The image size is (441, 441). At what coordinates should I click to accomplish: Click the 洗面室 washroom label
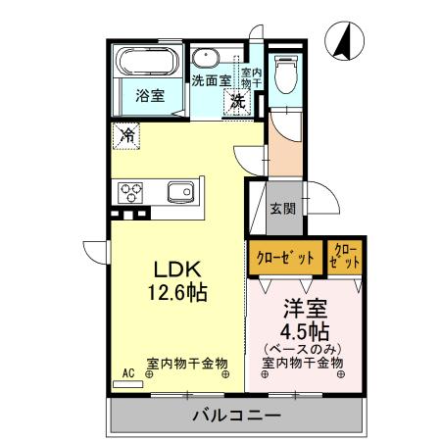pyautogui.click(x=210, y=80)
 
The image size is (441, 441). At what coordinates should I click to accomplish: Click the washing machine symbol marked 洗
pyautogui.click(x=238, y=100)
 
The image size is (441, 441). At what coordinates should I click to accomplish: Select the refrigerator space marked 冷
pyautogui.click(x=127, y=135)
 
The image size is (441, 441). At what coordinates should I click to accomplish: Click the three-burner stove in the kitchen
pyautogui.click(x=131, y=190)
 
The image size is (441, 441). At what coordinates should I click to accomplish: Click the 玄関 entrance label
pyautogui.click(x=283, y=208)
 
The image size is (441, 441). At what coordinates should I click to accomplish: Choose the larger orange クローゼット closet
pyautogui.click(x=285, y=258)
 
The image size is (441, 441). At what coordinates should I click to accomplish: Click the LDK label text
pyautogui.click(x=176, y=269)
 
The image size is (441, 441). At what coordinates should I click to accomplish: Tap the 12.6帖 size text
pyautogui.click(x=177, y=291)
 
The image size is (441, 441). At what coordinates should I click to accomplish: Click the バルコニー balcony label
pyautogui.click(x=235, y=416)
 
